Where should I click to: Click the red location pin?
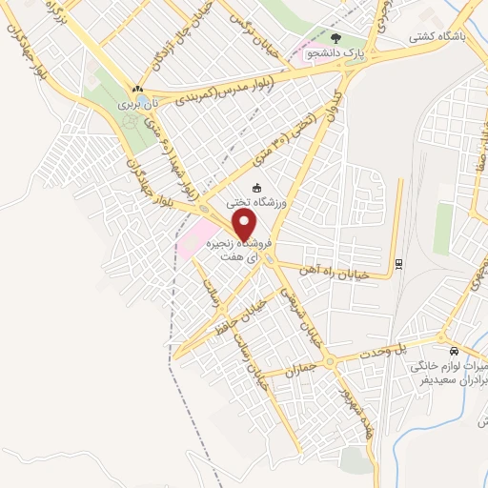coord(245,225)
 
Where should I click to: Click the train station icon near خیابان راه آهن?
coord(398,263)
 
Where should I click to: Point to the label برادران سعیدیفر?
coord(448,379)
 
